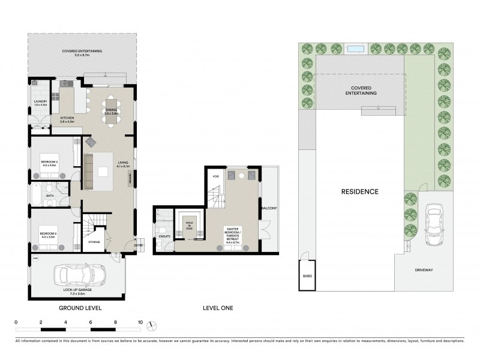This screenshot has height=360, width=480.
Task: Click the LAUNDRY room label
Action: (x=40, y=103)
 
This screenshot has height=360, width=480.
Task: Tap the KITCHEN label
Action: (x=67, y=118)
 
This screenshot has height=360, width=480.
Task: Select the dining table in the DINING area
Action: (x=112, y=110)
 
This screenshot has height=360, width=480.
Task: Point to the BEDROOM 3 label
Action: (x=49, y=162)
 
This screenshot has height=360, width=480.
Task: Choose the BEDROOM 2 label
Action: (x=49, y=234)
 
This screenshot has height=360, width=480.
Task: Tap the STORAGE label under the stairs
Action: (x=94, y=243)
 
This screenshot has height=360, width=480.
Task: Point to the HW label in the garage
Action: (x=35, y=259)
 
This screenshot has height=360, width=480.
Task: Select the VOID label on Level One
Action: (x=215, y=176)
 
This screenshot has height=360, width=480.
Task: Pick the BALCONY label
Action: (x=268, y=208)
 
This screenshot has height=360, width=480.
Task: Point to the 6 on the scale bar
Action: (x=91, y=322)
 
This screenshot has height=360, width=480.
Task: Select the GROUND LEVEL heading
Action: (x=80, y=308)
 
